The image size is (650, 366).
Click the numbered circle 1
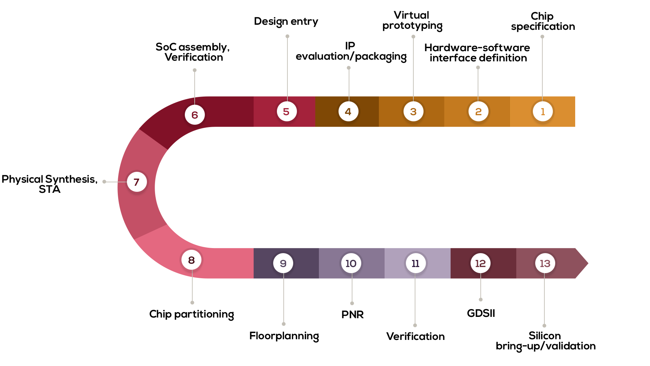click(x=543, y=111)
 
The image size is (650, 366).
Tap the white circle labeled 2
click(x=478, y=111)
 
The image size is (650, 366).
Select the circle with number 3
click(x=413, y=111)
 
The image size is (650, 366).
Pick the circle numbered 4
click(x=348, y=111)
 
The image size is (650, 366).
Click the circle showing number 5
click(x=287, y=111)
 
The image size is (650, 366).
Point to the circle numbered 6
click(x=195, y=115)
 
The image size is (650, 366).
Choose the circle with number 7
click(x=137, y=182)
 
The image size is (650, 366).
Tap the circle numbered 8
click(x=191, y=260)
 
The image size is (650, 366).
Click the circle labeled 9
click(x=283, y=263)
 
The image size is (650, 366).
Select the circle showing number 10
click(x=351, y=263)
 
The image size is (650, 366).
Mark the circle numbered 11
click(x=416, y=263)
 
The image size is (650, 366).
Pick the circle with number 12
click(x=480, y=263)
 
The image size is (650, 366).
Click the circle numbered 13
click(x=545, y=263)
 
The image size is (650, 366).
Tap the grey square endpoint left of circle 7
click(x=104, y=182)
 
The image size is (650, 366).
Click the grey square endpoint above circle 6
click(x=195, y=70)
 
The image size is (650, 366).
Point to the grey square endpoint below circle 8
click(x=192, y=303)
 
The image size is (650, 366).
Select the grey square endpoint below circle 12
click(x=481, y=300)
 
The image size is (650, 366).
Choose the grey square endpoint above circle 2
click(x=478, y=67)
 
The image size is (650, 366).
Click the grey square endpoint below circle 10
click(x=352, y=303)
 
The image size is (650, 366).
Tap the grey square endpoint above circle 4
click(x=349, y=68)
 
